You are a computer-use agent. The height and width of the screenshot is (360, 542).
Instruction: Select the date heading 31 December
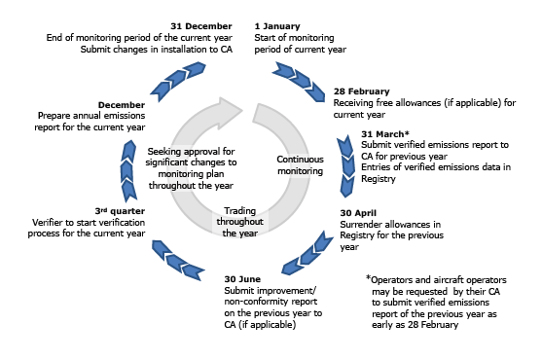point(201,24)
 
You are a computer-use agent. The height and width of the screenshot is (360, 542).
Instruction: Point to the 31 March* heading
point(385,134)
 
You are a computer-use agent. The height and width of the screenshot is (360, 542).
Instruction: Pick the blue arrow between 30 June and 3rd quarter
point(166,256)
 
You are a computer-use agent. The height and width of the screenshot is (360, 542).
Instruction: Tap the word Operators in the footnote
point(399,279)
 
